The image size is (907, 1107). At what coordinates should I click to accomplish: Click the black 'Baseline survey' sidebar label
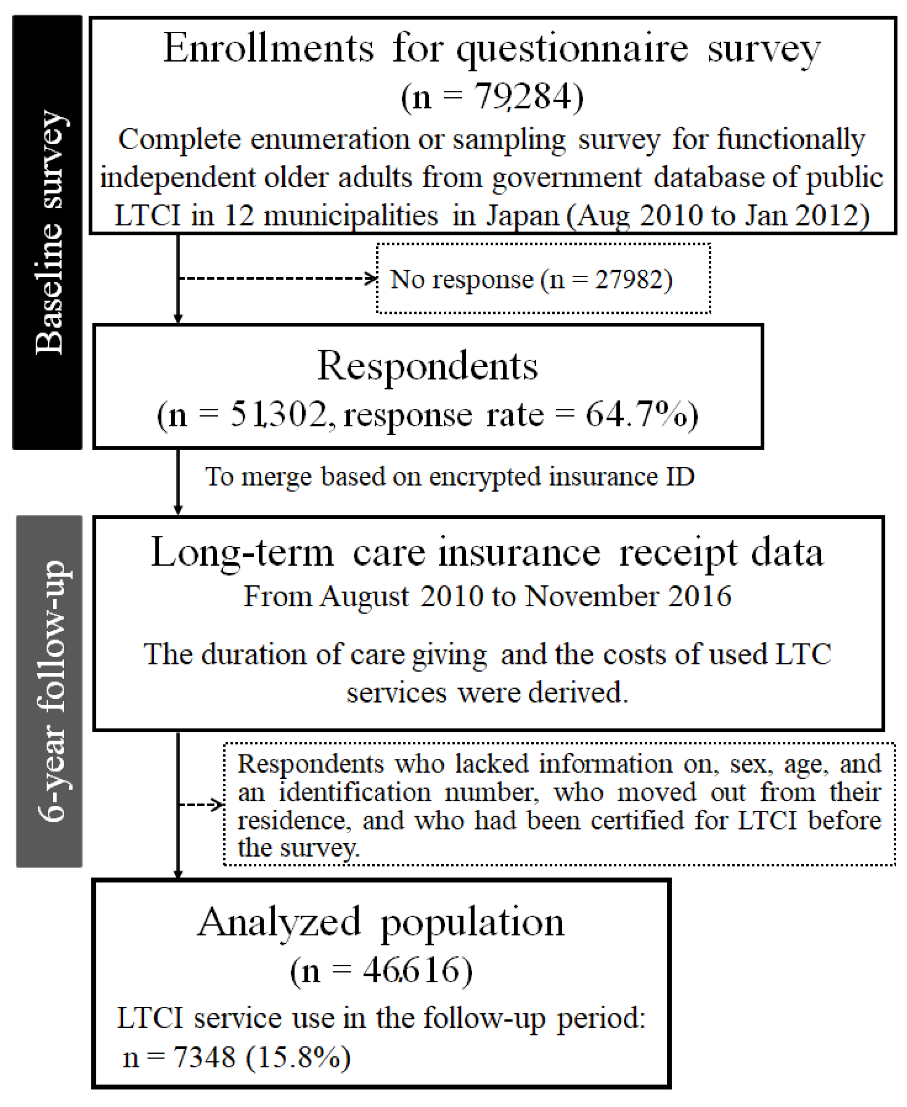[x=48, y=232]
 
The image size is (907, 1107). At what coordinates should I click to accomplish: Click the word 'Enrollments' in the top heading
[x=269, y=48]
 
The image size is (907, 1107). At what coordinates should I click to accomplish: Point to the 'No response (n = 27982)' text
[x=531, y=279]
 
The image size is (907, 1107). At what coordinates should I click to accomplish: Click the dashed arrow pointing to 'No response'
[x=277, y=278]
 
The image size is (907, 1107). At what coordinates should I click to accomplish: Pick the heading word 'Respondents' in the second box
[x=428, y=366]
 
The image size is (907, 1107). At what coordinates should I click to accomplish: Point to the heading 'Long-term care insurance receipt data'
[x=487, y=553]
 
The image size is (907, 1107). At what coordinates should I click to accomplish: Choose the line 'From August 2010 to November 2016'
[x=487, y=596]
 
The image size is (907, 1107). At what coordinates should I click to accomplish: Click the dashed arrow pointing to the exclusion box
[x=201, y=804]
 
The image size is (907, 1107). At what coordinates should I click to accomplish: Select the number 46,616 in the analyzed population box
[x=413, y=970]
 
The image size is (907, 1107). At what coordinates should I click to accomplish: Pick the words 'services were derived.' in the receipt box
[x=487, y=693]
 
